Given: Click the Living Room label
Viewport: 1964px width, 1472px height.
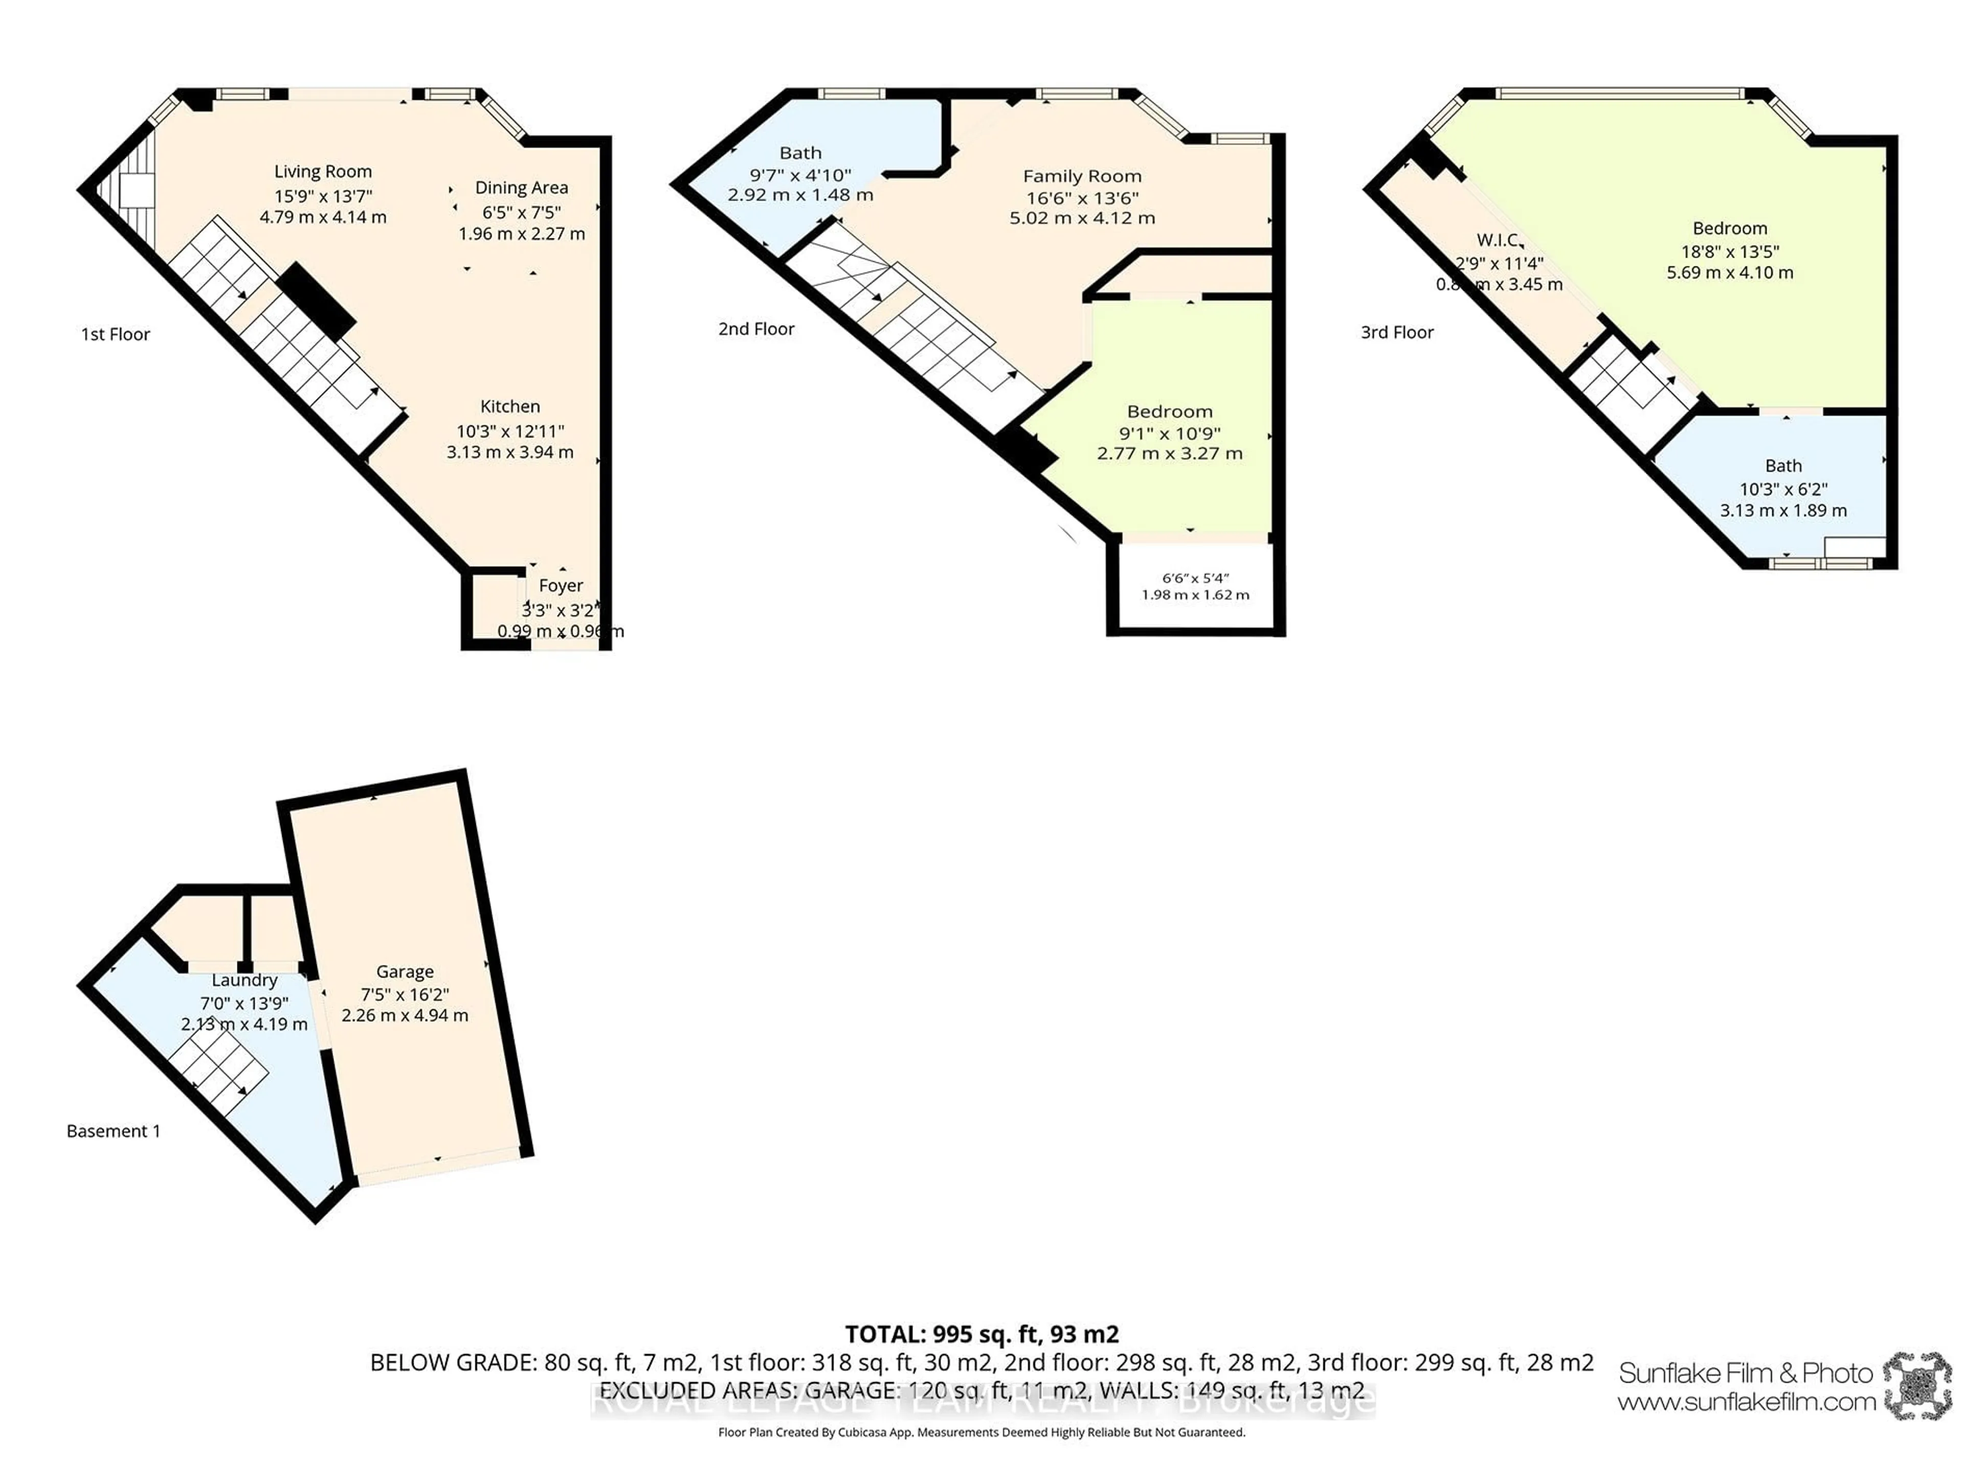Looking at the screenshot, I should click(x=322, y=171).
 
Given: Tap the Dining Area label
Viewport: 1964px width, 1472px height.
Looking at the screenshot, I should click(x=521, y=187).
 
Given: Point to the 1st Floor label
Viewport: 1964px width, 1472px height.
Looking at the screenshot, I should click(x=116, y=334).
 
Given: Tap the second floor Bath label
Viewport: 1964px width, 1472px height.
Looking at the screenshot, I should click(x=800, y=153).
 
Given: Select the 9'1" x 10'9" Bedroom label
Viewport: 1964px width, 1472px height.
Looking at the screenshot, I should click(x=1169, y=411).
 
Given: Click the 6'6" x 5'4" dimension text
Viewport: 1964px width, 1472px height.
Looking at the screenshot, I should click(x=1195, y=578).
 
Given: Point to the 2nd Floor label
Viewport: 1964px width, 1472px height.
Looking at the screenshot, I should click(x=755, y=328).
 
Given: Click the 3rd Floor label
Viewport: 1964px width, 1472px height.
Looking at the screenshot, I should click(x=1397, y=332).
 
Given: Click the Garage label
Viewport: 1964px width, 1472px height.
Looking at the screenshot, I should click(x=405, y=971).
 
